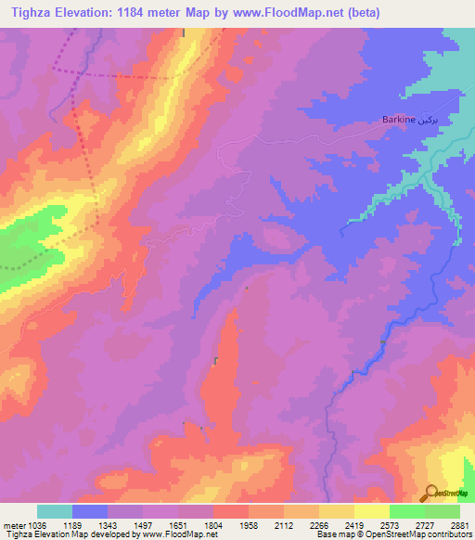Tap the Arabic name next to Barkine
[421, 120]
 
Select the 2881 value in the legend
[460, 525]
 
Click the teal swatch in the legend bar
[55, 511]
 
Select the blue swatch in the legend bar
[90, 511]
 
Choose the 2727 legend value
[425, 525]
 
